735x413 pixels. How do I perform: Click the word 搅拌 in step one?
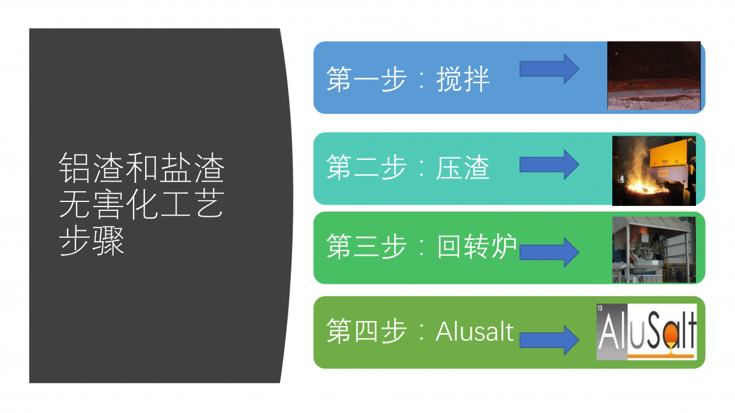[x=463, y=79]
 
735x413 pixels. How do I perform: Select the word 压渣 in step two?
[x=463, y=168]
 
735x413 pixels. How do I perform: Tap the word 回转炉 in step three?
[x=477, y=246]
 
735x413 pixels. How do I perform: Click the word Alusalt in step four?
[x=475, y=332]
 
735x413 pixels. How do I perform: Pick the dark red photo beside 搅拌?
[x=654, y=75]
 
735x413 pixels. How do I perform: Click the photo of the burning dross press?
[x=654, y=171]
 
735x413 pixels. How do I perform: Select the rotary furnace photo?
[x=654, y=249]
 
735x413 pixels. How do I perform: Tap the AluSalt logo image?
[x=647, y=332]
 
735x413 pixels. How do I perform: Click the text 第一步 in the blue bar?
[x=366, y=79]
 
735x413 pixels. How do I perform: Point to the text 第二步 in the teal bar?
[x=366, y=168]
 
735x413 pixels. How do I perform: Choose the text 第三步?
[x=366, y=246]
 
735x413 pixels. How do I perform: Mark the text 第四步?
[x=366, y=331]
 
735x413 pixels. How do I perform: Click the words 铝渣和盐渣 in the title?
[x=142, y=168]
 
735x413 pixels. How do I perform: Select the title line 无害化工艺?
[x=142, y=205]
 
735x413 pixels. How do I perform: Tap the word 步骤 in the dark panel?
[x=92, y=241]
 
